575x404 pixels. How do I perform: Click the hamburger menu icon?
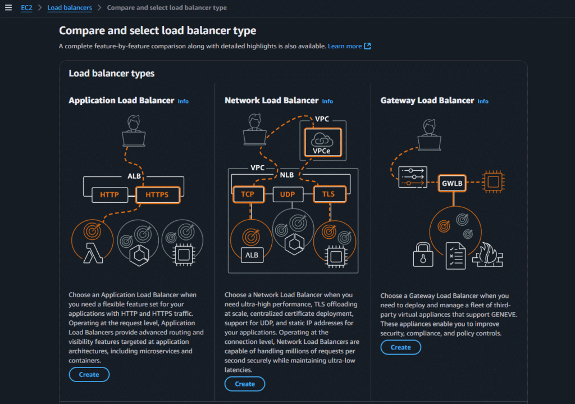click(8, 8)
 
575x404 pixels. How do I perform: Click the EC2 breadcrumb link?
click(26, 8)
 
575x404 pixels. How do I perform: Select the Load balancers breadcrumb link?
click(69, 8)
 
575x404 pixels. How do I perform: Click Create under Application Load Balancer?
click(89, 374)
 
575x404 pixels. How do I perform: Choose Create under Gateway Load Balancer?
click(400, 347)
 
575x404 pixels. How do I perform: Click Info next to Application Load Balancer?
click(183, 101)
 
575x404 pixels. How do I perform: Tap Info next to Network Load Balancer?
click(327, 101)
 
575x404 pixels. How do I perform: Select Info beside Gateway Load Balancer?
click(483, 101)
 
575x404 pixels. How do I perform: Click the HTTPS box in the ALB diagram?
click(157, 195)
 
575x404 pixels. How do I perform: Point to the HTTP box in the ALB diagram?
click(109, 195)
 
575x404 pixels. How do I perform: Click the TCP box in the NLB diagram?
click(248, 194)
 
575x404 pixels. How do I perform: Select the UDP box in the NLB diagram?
click(287, 194)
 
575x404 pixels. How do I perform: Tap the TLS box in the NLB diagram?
click(328, 194)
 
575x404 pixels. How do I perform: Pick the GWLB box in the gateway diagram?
click(453, 183)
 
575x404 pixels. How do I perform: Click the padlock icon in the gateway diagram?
click(422, 255)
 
